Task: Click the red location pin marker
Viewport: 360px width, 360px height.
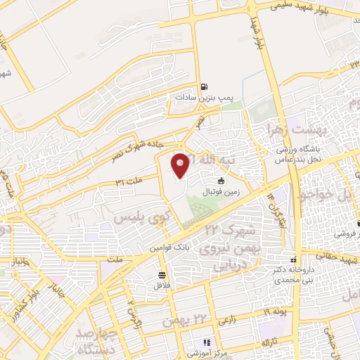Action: pyautogui.click(x=181, y=165)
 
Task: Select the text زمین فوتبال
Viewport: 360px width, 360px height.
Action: pyautogui.click(x=221, y=191)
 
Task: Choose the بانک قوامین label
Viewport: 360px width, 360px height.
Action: pyautogui.click(x=165, y=248)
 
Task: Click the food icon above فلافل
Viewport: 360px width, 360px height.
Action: pyautogui.click(x=162, y=275)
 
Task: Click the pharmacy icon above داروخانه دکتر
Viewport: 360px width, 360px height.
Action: pyautogui.click(x=294, y=260)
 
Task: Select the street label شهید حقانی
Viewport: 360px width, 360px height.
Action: pyautogui.click(x=328, y=256)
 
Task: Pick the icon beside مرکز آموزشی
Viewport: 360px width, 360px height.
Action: pyautogui.click(x=197, y=342)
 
